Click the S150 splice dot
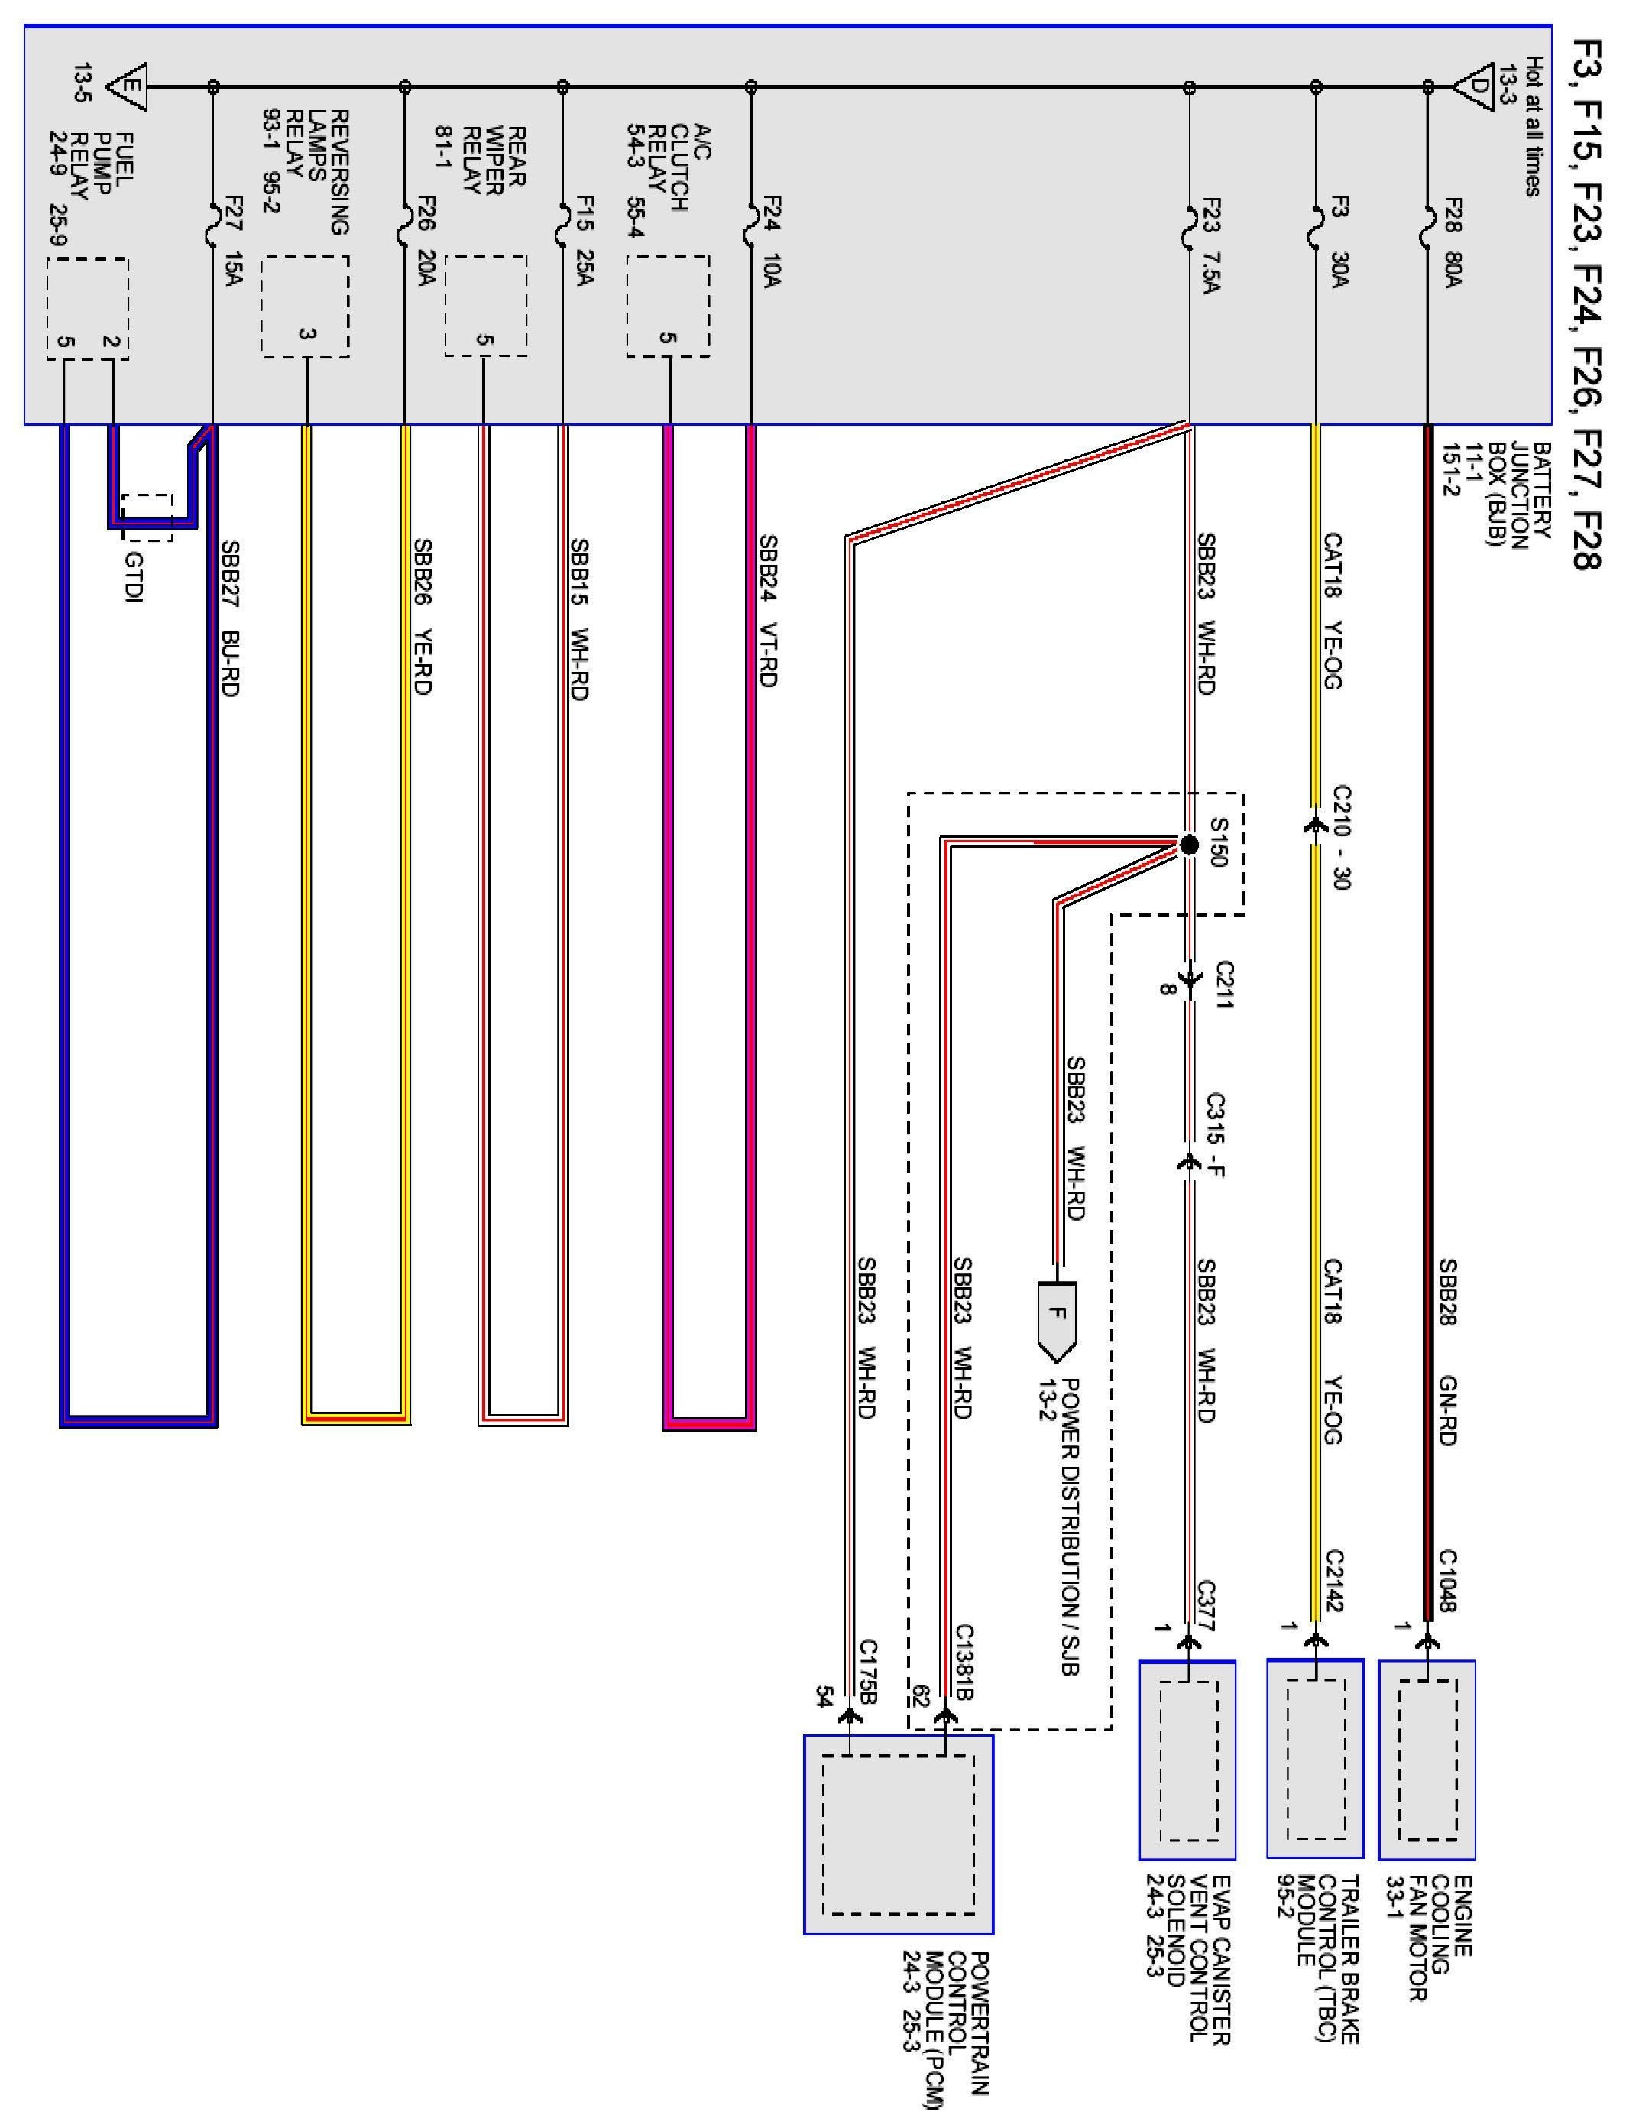pyautogui.click(x=1190, y=845)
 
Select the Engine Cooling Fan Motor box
pyautogui.click(x=1427, y=1759)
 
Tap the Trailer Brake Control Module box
pyautogui.click(x=1315, y=1759)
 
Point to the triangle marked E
pyautogui.click(x=128, y=86)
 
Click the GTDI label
pyautogui.click(x=134, y=576)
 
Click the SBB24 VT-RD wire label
pyautogui.click(x=767, y=611)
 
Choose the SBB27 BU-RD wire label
pyautogui.click(x=230, y=618)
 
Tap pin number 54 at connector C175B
pyautogui.click(x=824, y=1697)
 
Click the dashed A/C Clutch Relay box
pyautogui.click(x=668, y=306)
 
